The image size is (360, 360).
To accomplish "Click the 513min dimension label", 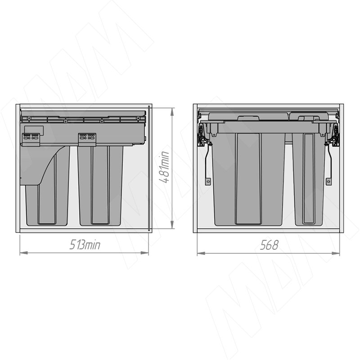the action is [x=85, y=245].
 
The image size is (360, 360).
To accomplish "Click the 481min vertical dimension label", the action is [x=164, y=167].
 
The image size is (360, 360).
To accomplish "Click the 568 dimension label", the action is [x=269, y=245].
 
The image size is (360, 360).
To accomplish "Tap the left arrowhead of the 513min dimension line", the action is [x=24, y=253].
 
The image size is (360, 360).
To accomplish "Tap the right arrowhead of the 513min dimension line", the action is [x=144, y=253].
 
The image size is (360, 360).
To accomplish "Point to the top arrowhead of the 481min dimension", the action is [x=172, y=112].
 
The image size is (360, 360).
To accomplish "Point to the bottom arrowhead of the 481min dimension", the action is [x=172, y=225].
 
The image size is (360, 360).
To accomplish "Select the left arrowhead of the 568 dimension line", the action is [x=201, y=253].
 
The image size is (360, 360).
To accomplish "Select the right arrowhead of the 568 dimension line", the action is [x=336, y=253].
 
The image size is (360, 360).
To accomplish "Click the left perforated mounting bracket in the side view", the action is [x=31, y=139].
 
